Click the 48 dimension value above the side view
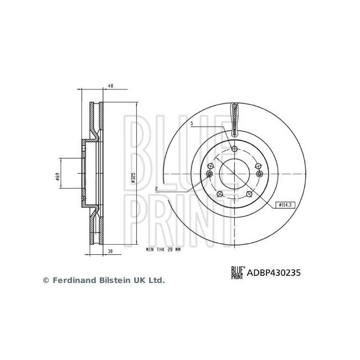[110, 86]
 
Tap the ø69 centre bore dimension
[58, 177]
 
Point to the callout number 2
[157, 189]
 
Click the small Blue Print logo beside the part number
[238, 272]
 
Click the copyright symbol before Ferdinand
[46, 281]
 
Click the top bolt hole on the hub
[235, 148]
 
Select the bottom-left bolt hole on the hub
[220, 194]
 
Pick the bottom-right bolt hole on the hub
[250, 194]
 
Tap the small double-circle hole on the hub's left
[209, 174]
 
